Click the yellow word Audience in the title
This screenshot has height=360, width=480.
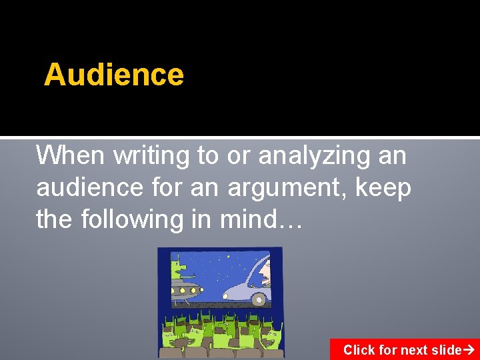point(114,75)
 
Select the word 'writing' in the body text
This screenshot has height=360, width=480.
point(151,155)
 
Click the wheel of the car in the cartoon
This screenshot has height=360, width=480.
point(259,299)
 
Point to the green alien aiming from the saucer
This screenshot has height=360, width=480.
point(179,269)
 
